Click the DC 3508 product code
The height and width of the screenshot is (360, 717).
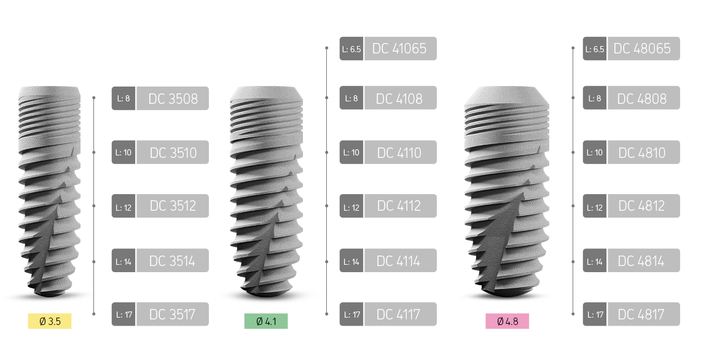(x=173, y=98)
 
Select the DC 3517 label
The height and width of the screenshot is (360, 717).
(x=173, y=315)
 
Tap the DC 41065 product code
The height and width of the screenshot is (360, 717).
(x=400, y=49)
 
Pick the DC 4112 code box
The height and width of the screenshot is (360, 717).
(x=400, y=206)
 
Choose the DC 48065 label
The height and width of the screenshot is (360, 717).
(x=643, y=49)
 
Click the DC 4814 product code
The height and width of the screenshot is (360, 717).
(x=643, y=260)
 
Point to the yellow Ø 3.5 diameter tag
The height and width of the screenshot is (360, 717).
(x=50, y=321)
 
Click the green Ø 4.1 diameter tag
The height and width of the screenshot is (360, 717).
(x=266, y=321)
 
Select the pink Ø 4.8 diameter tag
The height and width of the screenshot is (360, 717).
(x=507, y=321)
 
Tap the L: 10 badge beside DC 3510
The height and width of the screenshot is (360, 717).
(x=123, y=152)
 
